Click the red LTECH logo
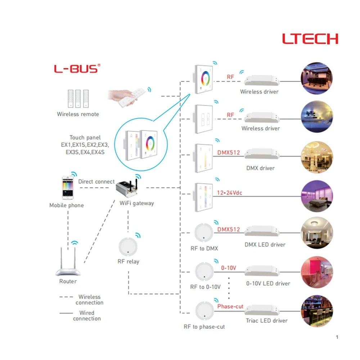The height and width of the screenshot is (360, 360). pyautogui.click(x=310, y=39)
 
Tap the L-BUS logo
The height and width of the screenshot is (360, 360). pyautogui.click(x=77, y=68)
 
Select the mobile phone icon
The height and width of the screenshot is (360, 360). pyautogui.click(x=68, y=188)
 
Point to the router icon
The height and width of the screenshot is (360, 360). pyautogui.click(x=68, y=262)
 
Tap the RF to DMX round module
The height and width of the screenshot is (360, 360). pyautogui.click(x=204, y=233)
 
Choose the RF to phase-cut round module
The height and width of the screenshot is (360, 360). pyautogui.click(x=204, y=311)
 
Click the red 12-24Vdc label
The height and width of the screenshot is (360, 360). pyautogui.click(x=230, y=193)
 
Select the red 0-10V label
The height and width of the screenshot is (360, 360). pyautogui.click(x=229, y=268)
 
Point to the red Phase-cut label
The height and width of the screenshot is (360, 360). pyautogui.click(x=230, y=306)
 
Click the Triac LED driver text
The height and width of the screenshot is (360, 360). pyautogui.click(x=266, y=320)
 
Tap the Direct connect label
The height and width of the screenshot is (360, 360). pyautogui.click(x=96, y=181)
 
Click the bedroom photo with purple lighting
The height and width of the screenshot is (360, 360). pyautogui.click(x=317, y=196)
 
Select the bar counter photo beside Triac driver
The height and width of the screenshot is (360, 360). pyautogui.click(x=317, y=311)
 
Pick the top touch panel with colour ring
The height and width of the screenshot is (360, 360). pyautogui.click(x=203, y=79)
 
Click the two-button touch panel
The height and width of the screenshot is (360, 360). pyautogui.click(x=203, y=119)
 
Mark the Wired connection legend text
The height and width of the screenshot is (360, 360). pyautogui.click(x=87, y=316)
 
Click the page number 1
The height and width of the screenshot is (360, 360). pyautogui.click(x=337, y=337)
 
